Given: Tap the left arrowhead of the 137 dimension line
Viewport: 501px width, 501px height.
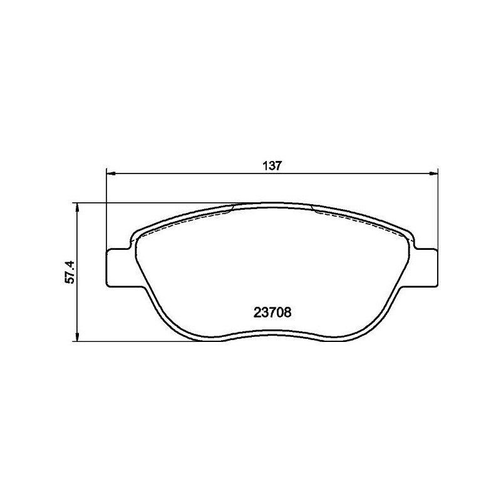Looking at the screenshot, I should pyautogui.click(x=110, y=173).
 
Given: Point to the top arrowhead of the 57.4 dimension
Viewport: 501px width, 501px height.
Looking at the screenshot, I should pyautogui.click(x=77, y=207).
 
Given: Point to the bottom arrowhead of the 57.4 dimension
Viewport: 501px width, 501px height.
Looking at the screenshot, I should pyautogui.click(x=77, y=338).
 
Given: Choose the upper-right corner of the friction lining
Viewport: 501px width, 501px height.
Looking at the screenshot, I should pyautogui.click(x=406, y=238).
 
